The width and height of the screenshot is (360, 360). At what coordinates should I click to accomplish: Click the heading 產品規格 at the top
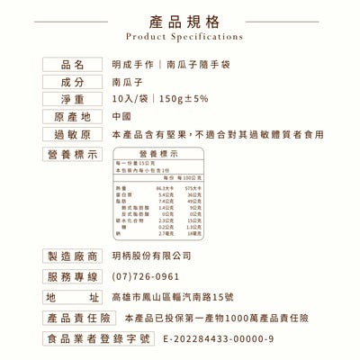point(180,21)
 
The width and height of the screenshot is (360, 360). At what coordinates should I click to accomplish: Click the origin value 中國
point(122,117)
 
